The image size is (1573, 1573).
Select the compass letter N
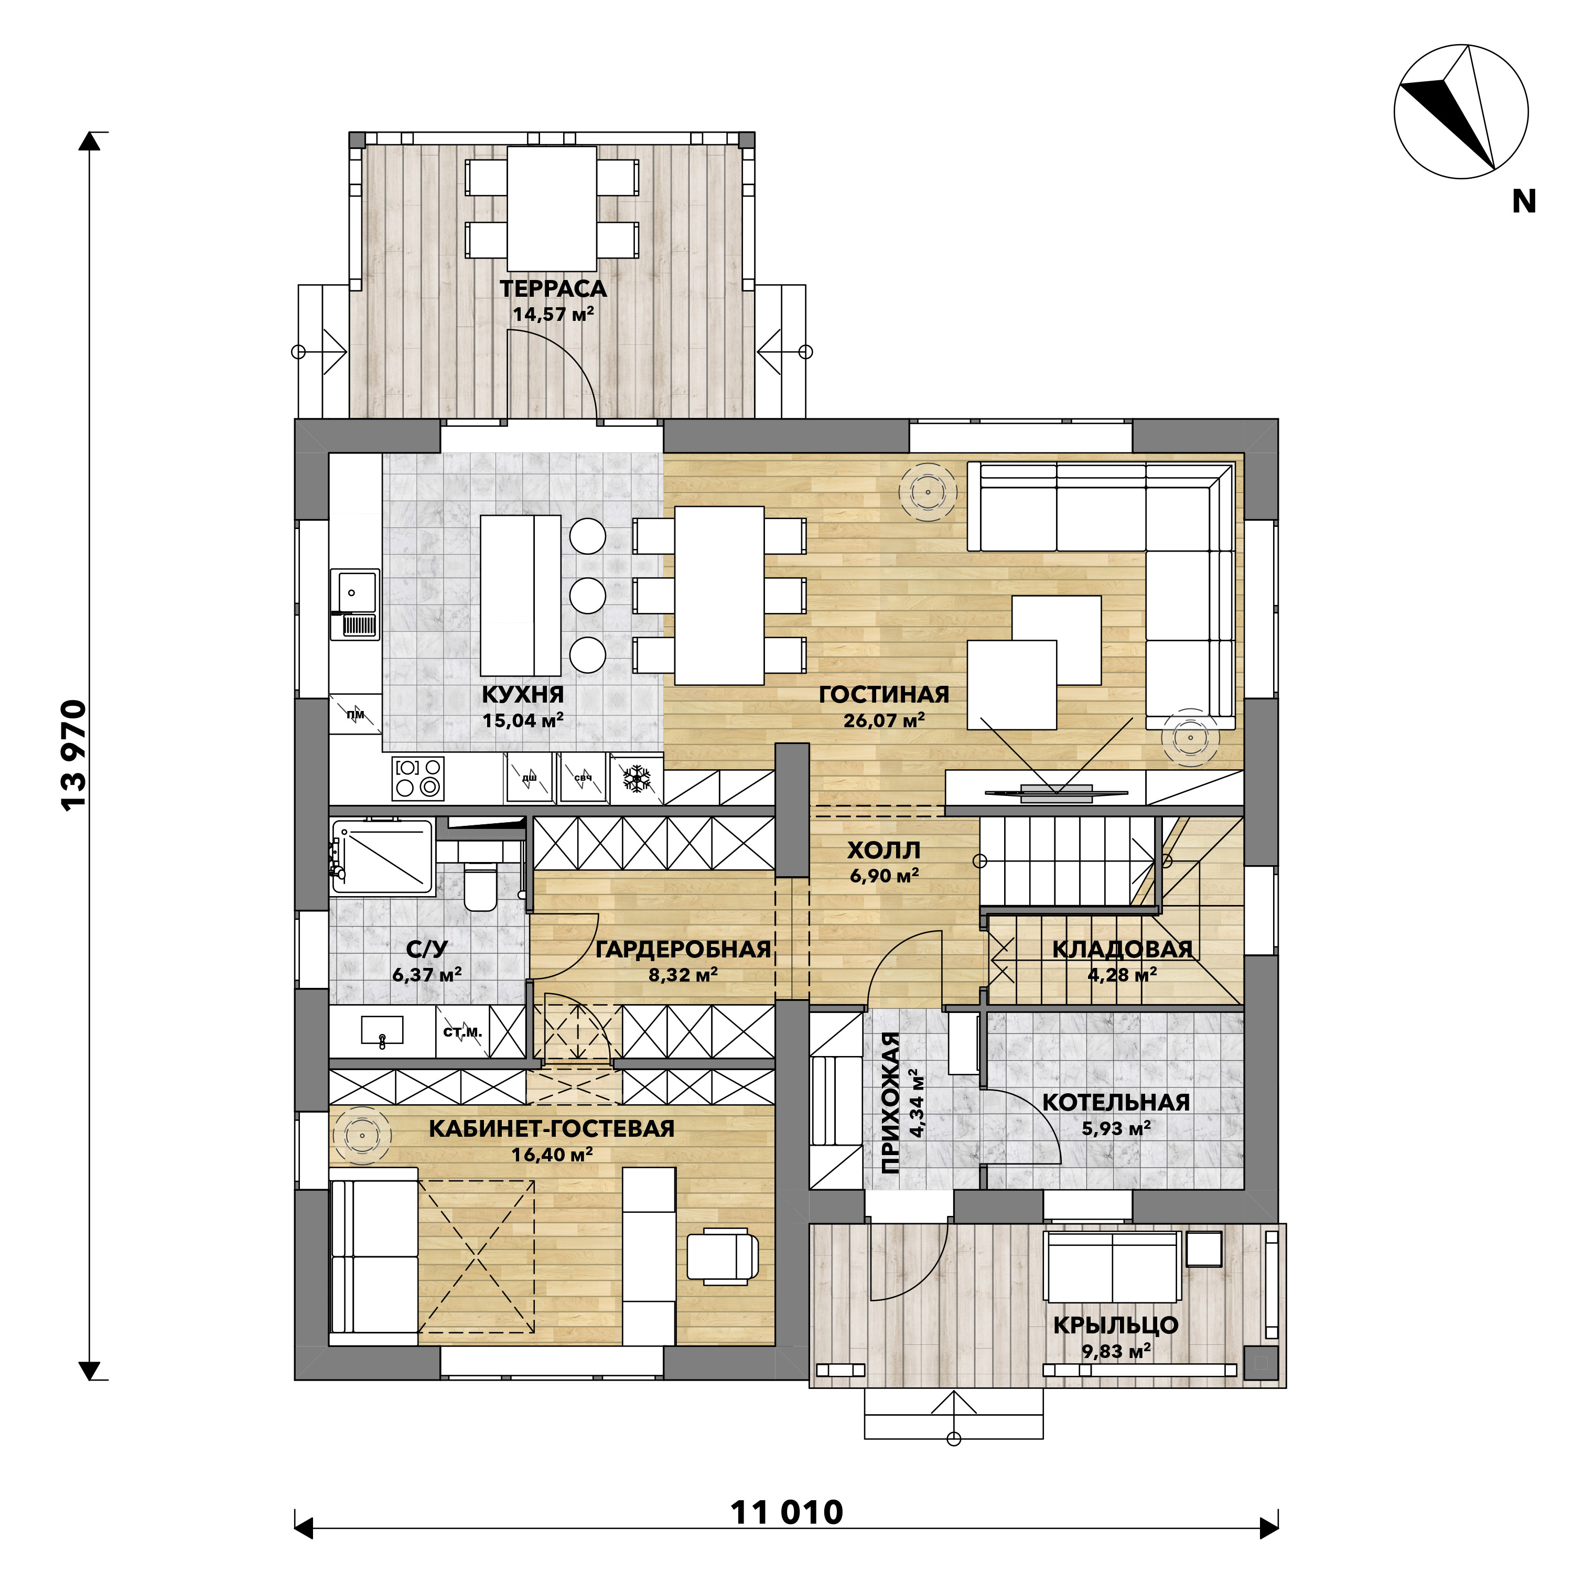pyautogui.click(x=1523, y=201)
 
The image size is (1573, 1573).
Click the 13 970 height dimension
pyautogui.click(x=74, y=754)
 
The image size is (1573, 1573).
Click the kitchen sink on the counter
pyautogui.click(x=354, y=604)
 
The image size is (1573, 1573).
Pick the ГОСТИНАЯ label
pyautogui.click(x=884, y=695)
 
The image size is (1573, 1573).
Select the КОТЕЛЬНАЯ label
pyautogui.click(x=1116, y=1102)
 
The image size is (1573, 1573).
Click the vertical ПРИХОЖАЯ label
pyautogui.click(x=891, y=1102)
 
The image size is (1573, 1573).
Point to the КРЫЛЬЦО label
pyautogui.click(x=1116, y=1324)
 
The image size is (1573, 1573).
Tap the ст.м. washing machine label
pyautogui.click(x=462, y=1031)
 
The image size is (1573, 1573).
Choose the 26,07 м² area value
pyautogui.click(x=884, y=720)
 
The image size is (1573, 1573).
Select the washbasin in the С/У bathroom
pyautogui.click(x=382, y=1030)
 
